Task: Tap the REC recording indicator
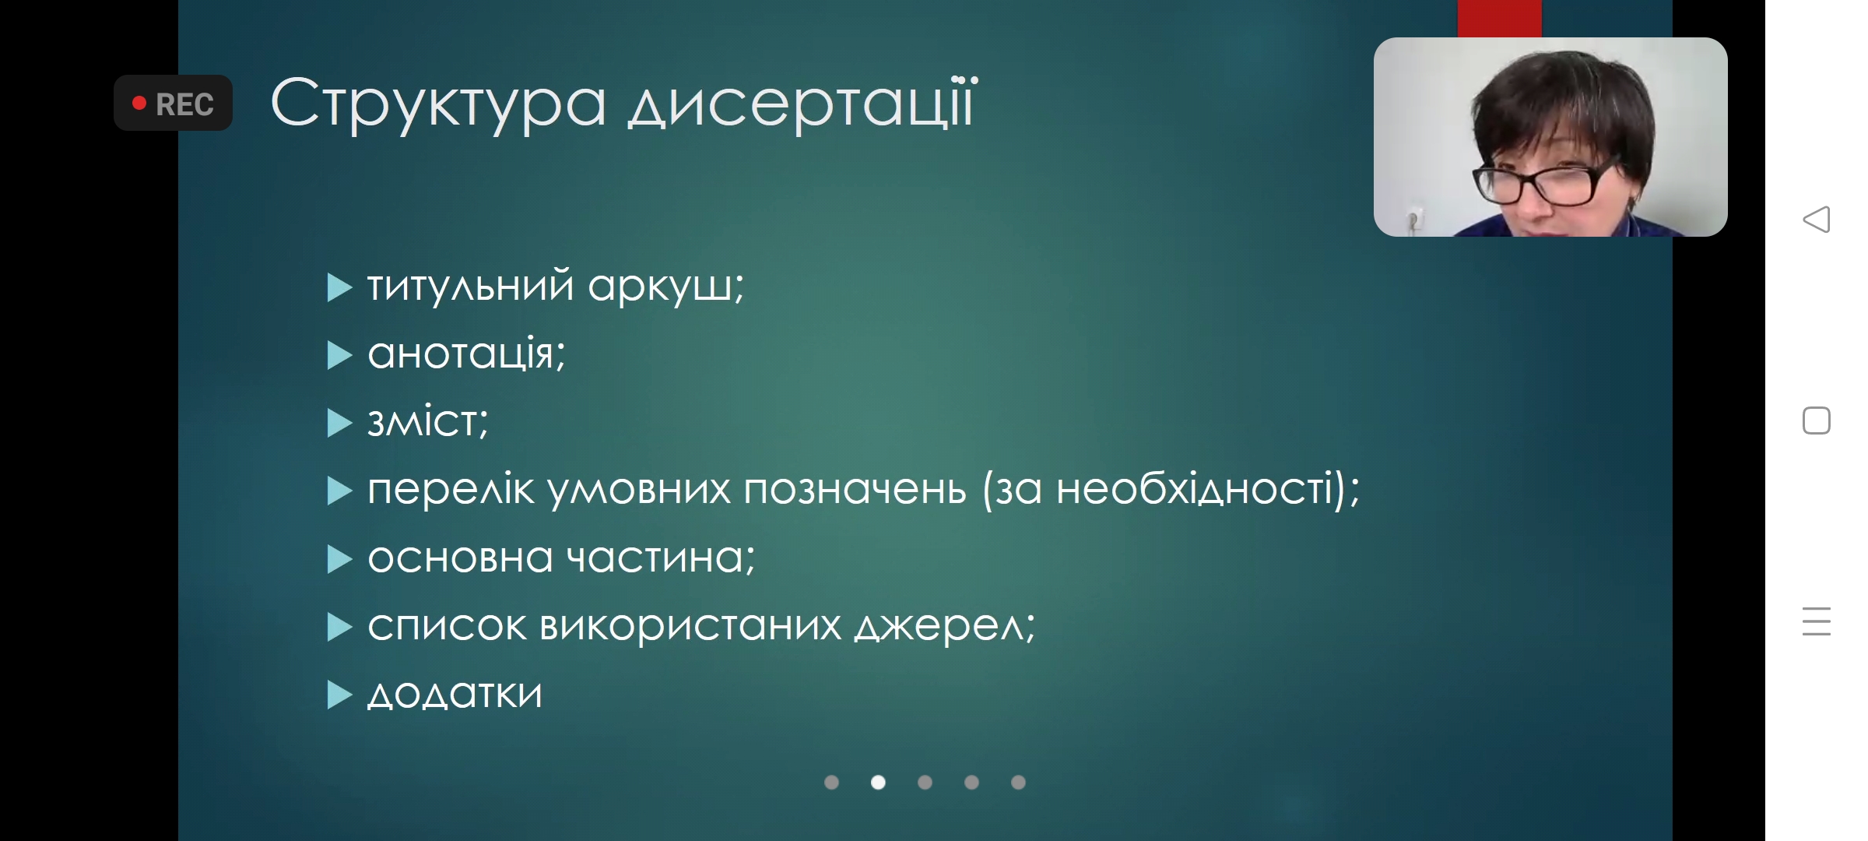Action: [x=173, y=103]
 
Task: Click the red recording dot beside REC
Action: [x=139, y=103]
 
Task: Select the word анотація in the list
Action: [x=465, y=354]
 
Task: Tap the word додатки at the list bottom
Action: [x=455, y=694]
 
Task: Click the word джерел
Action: [x=943, y=626]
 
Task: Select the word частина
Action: [x=659, y=558]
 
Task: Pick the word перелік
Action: [x=451, y=490]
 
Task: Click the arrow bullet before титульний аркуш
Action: [x=339, y=287]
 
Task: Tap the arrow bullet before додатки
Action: [x=339, y=695]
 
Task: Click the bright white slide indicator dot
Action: [x=878, y=782]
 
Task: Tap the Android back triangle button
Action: [x=1816, y=219]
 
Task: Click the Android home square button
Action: [x=1816, y=420]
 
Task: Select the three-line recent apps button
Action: [x=1816, y=621]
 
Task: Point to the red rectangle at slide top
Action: [x=1499, y=18]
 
